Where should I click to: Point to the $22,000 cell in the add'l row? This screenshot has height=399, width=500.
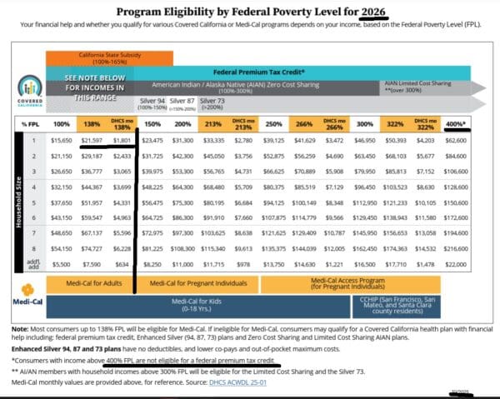pos(457,264)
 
